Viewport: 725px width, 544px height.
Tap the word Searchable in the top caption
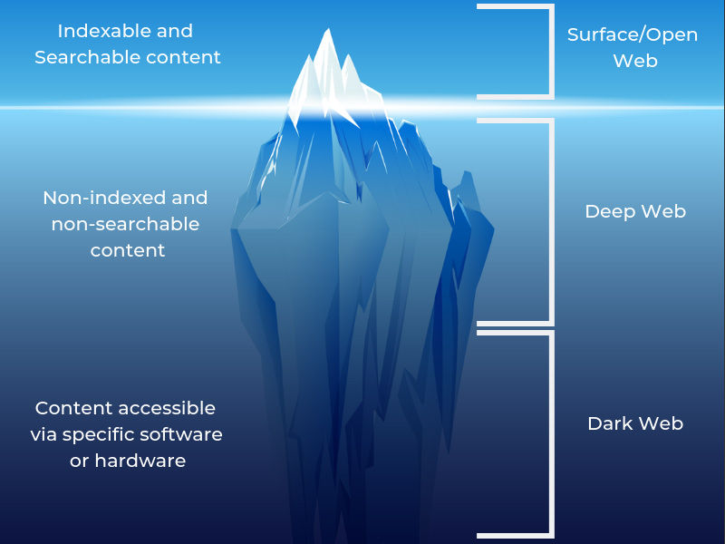pos(81,57)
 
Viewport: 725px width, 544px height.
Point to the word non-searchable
pos(125,224)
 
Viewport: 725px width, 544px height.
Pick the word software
pos(181,434)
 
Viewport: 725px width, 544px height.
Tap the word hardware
pos(140,461)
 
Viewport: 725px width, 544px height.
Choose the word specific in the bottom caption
pos(99,435)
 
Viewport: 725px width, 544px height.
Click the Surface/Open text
pos(633,35)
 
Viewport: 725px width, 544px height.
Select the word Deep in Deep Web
pos(610,212)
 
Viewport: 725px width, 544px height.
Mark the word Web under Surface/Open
pos(635,61)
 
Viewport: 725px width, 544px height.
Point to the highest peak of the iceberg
pos(328,29)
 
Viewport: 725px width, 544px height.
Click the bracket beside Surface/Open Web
pos(552,52)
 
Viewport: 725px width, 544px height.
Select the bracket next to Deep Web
pos(552,222)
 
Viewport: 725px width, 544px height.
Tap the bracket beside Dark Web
pos(552,435)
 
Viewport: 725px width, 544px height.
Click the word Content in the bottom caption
pos(73,408)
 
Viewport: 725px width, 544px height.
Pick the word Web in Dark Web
pos(662,423)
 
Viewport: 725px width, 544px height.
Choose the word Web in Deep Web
pos(664,211)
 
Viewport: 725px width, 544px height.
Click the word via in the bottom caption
pos(43,434)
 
